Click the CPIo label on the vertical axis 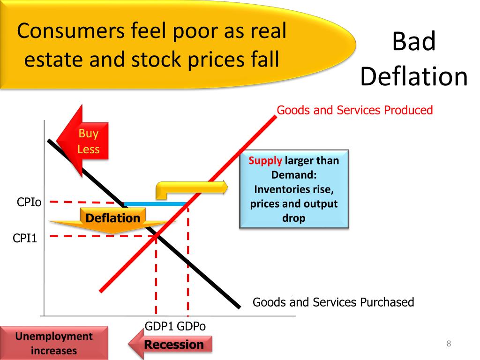(x=29, y=202)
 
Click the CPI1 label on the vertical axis (x=25, y=238)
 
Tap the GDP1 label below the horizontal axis (x=159, y=326)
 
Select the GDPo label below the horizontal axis (x=191, y=326)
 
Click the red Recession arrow (x=171, y=344)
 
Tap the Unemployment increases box (x=54, y=343)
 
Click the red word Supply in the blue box (x=265, y=161)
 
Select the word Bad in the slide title (x=414, y=41)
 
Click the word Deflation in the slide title (x=414, y=76)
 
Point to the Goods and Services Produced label (x=355, y=110)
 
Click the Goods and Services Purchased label (x=333, y=302)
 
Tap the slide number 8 (x=449, y=344)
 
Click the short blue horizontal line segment (x=155, y=204)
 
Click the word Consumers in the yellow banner (x=71, y=31)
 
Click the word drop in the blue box (x=294, y=218)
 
